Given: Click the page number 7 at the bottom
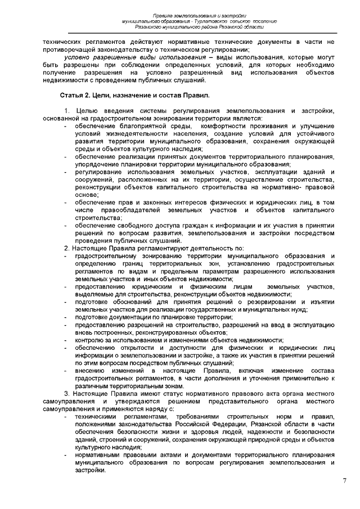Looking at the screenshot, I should tap(344, 481).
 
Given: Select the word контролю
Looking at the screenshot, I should tap(91, 340).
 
